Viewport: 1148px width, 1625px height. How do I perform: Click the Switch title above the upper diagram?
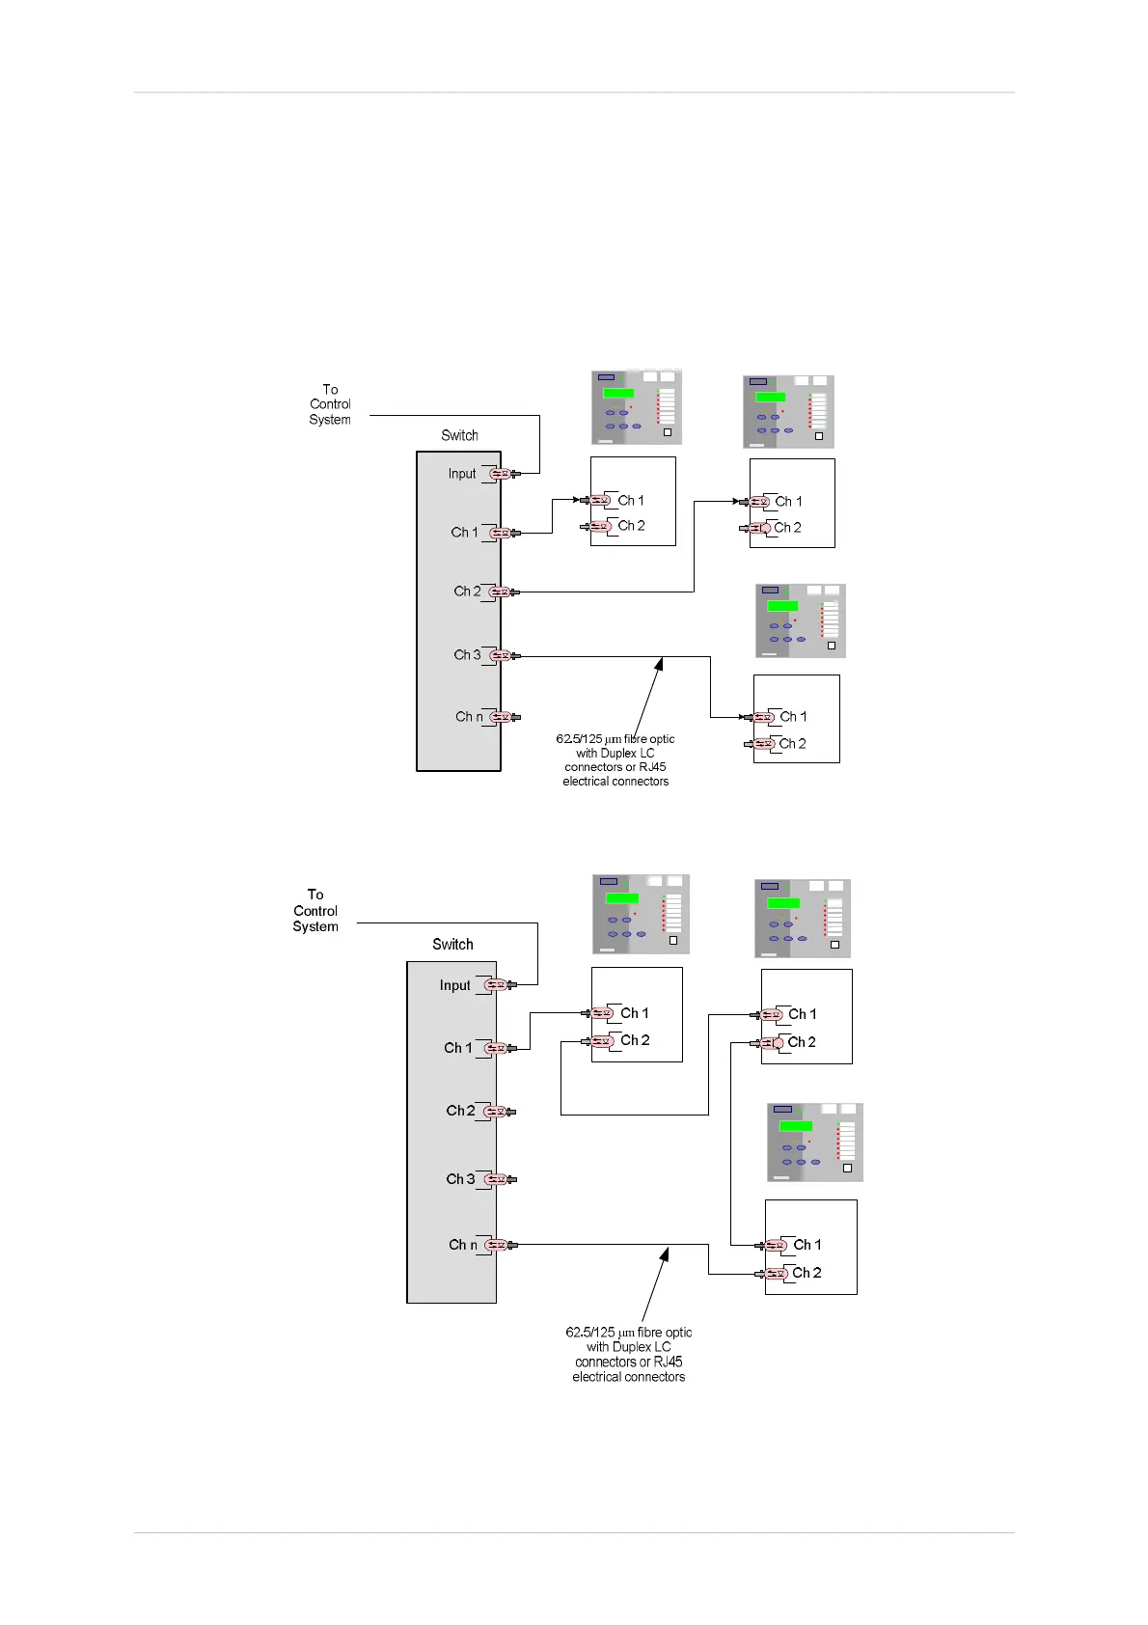(x=459, y=435)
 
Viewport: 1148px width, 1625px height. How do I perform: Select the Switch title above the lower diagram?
(x=452, y=945)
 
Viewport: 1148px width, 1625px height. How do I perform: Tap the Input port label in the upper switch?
(x=462, y=474)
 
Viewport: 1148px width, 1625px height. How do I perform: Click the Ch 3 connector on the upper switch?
(x=500, y=655)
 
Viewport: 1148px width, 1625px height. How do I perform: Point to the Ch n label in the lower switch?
(x=463, y=1245)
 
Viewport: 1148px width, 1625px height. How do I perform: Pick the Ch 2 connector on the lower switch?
(x=496, y=1112)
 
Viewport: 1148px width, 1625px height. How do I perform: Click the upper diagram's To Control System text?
(x=330, y=404)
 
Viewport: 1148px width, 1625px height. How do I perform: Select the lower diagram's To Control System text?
(x=315, y=911)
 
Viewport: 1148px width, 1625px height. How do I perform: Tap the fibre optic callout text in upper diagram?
(x=615, y=760)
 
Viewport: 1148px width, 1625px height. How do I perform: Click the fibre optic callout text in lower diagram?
(x=629, y=1355)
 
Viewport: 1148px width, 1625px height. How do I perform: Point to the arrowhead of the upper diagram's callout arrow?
(x=661, y=662)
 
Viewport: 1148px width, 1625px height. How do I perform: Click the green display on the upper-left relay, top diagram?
(x=618, y=393)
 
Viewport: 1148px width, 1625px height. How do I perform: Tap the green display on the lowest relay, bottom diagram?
(x=796, y=1126)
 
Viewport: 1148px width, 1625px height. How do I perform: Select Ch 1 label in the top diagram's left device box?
(x=631, y=501)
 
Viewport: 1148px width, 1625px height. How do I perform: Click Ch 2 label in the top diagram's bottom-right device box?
(x=793, y=744)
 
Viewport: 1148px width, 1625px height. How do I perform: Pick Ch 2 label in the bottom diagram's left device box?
(x=635, y=1040)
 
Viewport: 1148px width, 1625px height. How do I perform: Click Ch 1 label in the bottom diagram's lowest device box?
(x=806, y=1245)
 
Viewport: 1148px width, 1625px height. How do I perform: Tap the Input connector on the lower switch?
(x=496, y=985)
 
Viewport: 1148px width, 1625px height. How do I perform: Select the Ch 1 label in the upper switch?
(x=464, y=533)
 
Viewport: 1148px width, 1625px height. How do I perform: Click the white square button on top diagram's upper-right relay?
(x=819, y=436)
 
